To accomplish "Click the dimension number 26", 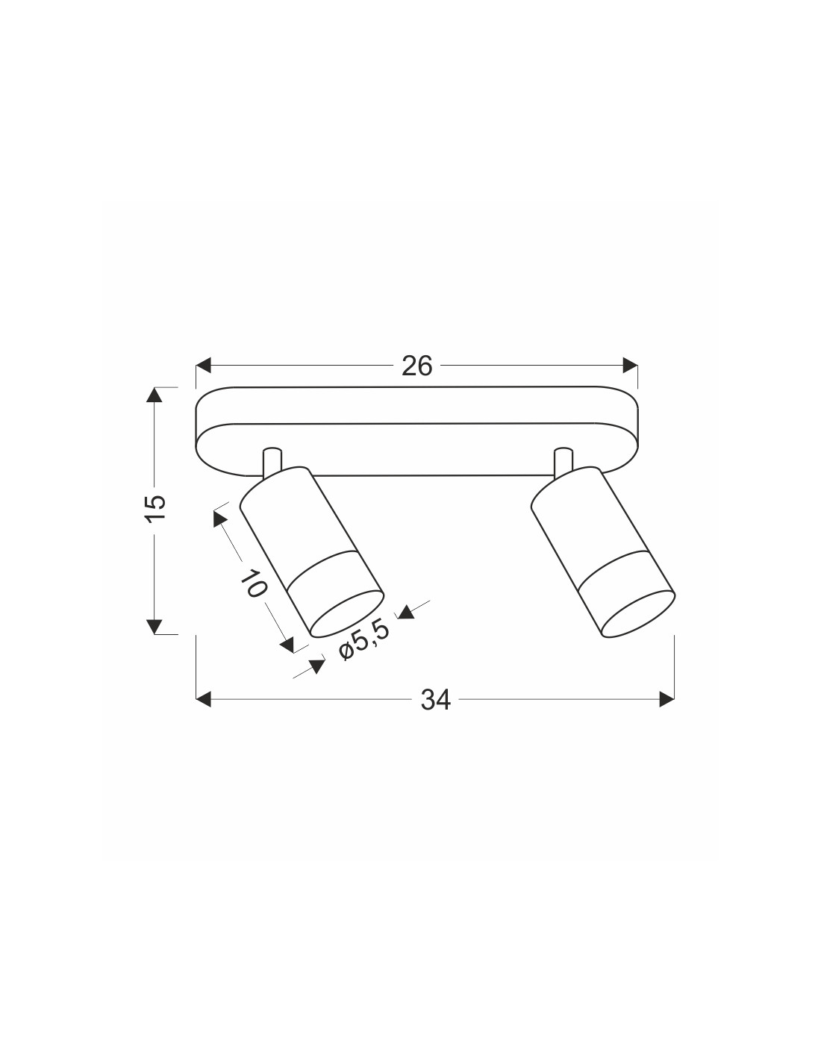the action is pyautogui.click(x=416, y=366).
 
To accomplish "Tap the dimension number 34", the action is pyautogui.click(x=436, y=700).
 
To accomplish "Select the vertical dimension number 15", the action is pyautogui.click(x=157, y=510).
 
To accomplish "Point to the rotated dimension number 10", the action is pyautogui.click(x=254, y=583).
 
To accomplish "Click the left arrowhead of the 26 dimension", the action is pyautogui.click(x=203, y=365).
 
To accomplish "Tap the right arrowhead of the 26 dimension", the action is pyautogui.click(x=630, y=365).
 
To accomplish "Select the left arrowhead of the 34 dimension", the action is pyautogui.click(x=203, y=699).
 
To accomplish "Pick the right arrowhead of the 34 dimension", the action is pyautogui.click(x=667, y=699).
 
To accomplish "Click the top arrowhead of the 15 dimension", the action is pyautogui.click(x=154, y=395).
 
